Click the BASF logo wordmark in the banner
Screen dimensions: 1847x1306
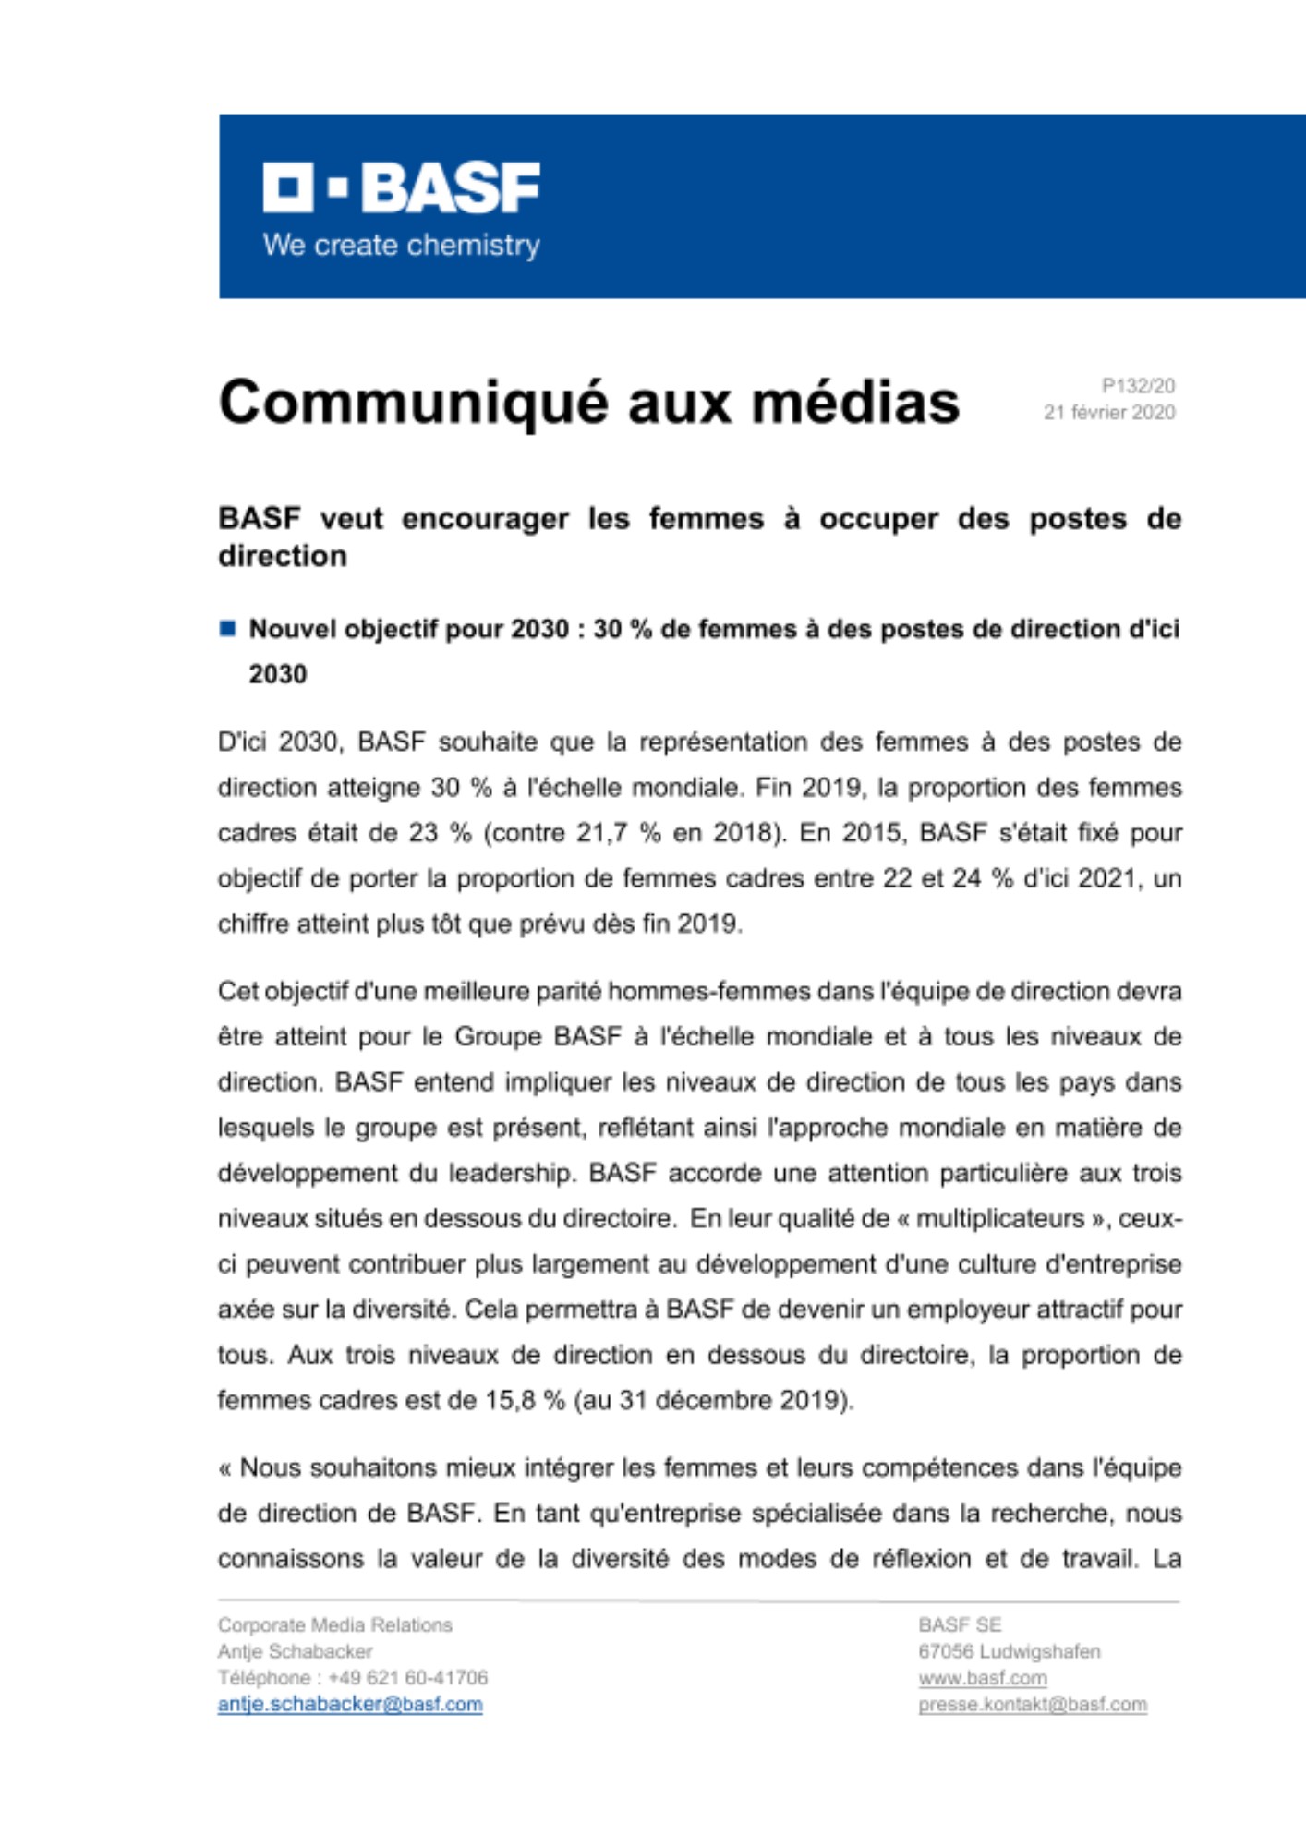pyautogui.click(x=402, y=188)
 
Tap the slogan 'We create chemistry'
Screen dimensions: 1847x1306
pyautogui.click(x=401, y=246)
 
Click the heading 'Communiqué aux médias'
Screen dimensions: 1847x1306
pyautogui.click(x=588, y=403)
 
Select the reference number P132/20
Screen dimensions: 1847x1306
pyautogui.click(x=1137, y=386)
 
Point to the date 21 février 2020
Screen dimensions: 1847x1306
pyautogui.click(x=1108, y=412)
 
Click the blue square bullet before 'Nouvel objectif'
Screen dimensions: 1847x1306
pyautogui.click(x=227, y=629)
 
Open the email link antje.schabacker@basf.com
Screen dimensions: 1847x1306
pyautogui.click(x=350, y=1705)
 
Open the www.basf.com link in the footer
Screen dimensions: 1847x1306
pyautogui.click(x=982, y=1678)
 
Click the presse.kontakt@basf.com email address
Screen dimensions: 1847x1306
pyautogui.click(x=1032, y=1705)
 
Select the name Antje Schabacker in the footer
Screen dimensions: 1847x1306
pyautogui.click(x=295, y=1651)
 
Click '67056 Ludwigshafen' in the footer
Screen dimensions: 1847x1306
pyautogui.click(x=1009, y=1651)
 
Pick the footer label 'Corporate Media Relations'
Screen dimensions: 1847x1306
pyautogui.click(x=334, y=1624)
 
